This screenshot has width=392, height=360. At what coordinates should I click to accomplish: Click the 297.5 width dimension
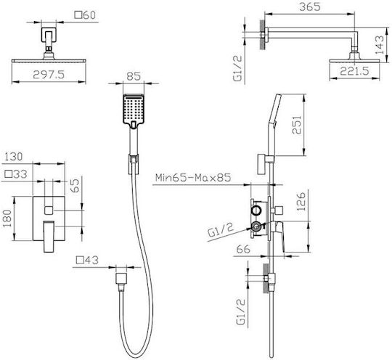click(x=49, y=75)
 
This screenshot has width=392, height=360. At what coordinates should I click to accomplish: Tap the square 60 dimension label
click(x=85, y=15)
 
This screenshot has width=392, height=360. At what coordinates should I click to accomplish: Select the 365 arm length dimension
click(x=310, y=7)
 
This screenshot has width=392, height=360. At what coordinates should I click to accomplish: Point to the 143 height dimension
click(x=379, y=45)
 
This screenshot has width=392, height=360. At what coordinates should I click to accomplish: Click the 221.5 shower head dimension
click(x=354, y=71)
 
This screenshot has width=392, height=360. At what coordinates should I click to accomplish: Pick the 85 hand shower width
click(x=134, y=76)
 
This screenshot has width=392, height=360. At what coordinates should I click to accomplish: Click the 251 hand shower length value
click(x=297, y=125)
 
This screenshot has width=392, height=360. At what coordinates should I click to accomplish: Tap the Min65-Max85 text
click(x=193, y=178)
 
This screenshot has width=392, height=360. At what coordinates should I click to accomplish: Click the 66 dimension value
click(x=243, y=249)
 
